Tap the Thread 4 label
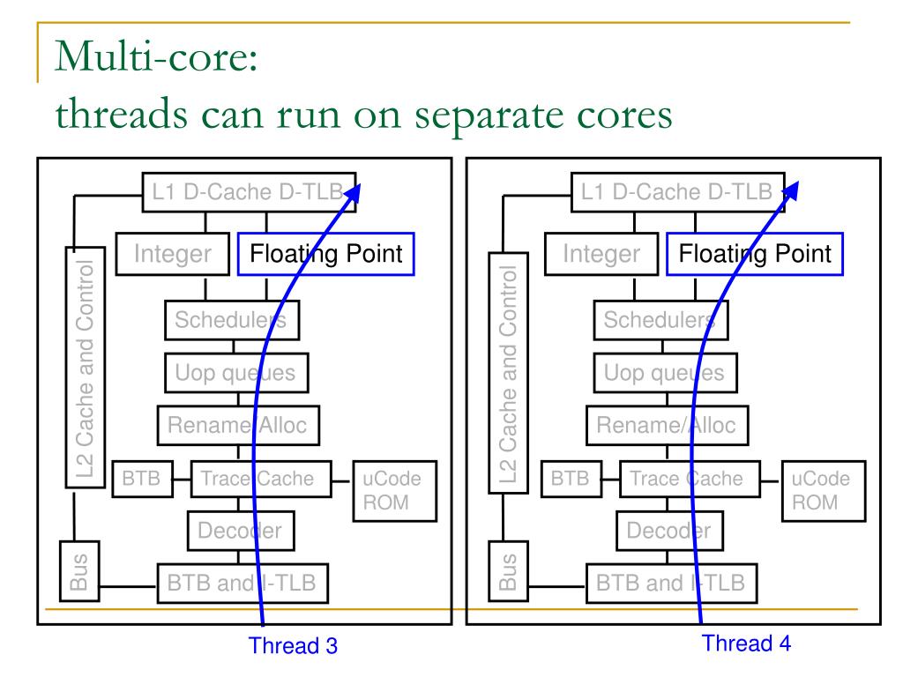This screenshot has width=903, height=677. coord(746,643)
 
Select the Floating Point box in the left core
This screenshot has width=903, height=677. coord(325,255)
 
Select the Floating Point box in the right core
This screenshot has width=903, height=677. coord(755,255)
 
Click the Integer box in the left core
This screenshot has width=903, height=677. coord(173,255)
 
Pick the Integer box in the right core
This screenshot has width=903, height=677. coord(602,255)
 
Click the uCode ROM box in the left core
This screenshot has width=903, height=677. coord(386,491)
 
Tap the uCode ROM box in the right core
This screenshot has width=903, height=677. coord(821,491)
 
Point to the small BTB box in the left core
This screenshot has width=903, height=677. coord(140,480)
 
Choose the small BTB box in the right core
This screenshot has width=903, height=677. coord(569,480)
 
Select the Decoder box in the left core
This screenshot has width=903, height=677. coord(240,531)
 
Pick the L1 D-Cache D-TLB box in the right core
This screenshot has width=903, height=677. coord(675,192)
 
